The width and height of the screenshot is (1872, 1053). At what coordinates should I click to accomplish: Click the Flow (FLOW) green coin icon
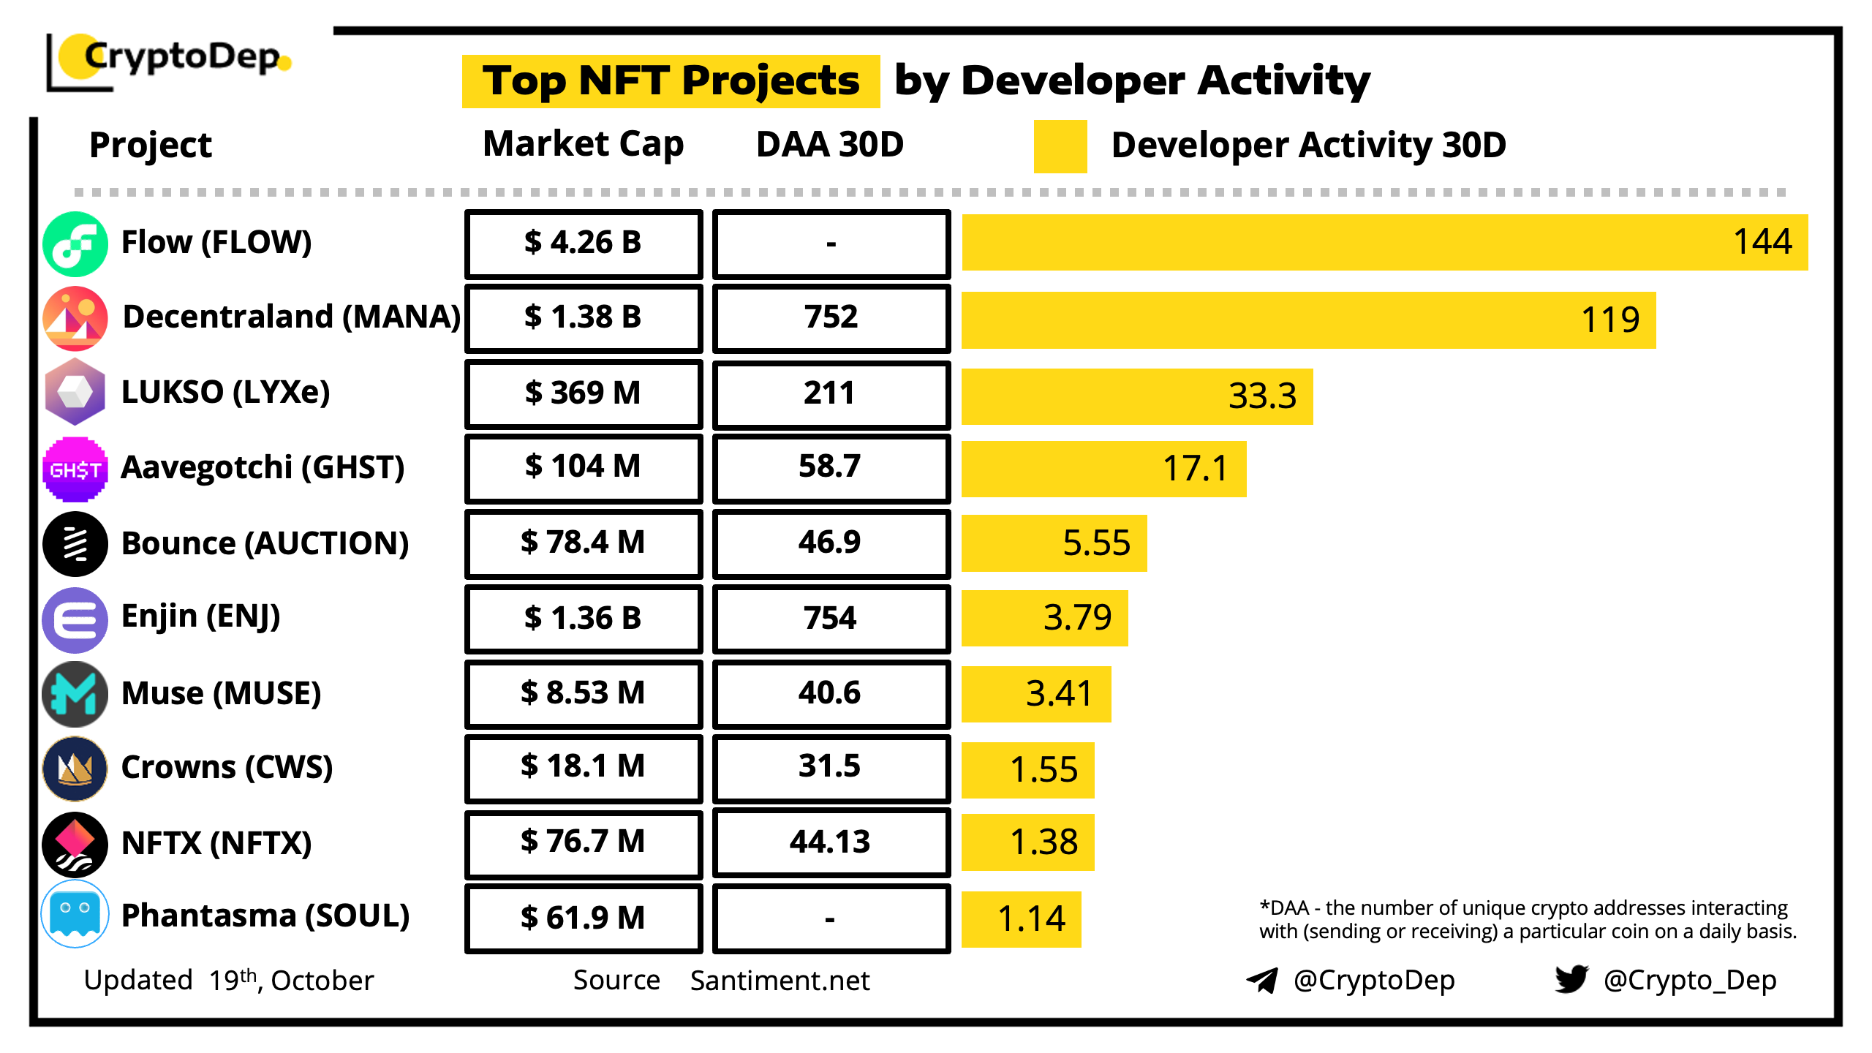click(75, 244)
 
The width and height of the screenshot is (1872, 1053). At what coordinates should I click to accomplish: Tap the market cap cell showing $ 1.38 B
click(583, 318)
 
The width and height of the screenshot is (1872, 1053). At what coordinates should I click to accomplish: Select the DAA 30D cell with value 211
click(831, 394)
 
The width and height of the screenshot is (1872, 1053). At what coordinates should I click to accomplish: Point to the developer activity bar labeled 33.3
click(1136, 396)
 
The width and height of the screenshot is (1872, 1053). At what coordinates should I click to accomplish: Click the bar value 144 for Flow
click(1762, 242)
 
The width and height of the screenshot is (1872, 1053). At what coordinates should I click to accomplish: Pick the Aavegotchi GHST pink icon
click(75, 469)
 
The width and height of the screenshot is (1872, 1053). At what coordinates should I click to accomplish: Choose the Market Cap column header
click(583, 144)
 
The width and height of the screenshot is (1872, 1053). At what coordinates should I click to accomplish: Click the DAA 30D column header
click(830, 144)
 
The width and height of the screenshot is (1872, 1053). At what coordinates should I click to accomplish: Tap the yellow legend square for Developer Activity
click(1060, 146)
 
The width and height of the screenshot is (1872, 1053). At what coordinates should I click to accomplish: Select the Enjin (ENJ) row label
click(200, 616)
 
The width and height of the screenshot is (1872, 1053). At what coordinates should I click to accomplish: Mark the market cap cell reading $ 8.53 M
click(583, 693)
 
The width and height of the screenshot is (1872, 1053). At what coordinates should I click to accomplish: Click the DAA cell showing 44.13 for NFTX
click(831, 842)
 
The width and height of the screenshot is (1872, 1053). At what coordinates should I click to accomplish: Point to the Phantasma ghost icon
click(75, 915)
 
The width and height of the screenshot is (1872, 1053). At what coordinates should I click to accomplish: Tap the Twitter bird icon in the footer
click(1571, 978)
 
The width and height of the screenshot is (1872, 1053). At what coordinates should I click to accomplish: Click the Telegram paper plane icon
click(1262, 980)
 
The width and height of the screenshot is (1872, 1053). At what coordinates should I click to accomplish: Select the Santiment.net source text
click(780, 981)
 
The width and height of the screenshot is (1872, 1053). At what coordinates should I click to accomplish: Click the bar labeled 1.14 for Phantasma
click(1021, 919)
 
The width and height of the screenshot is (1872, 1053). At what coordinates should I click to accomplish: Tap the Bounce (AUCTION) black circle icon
click(75, 544)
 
